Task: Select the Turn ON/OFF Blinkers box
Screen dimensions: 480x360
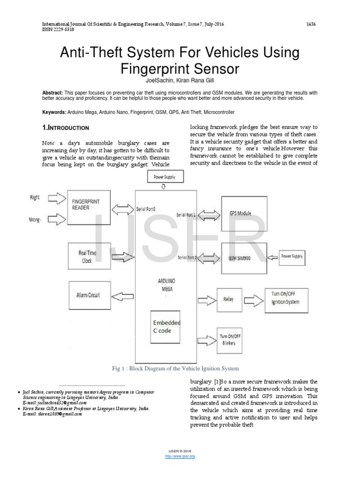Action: pos(229,340)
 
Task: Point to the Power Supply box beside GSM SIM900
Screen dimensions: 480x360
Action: pos(292,256)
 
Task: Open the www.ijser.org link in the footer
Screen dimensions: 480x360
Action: pos(180,456)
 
